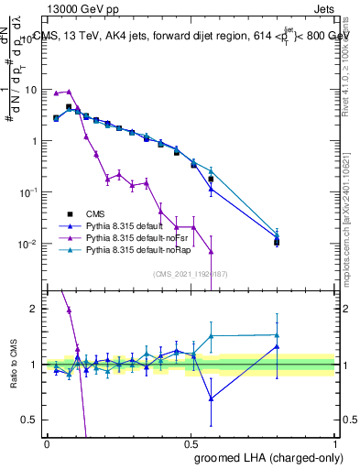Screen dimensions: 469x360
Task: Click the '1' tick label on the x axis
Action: pyautogui.click(x=335, y=442)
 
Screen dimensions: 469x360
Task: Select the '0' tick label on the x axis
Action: pyautogui.click(x=47, y=442)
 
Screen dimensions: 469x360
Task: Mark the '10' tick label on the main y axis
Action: pyautogui.click(x=28, y=90)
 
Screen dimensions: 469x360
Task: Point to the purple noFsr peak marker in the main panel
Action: pyautogui.click(x=69, y=92)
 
